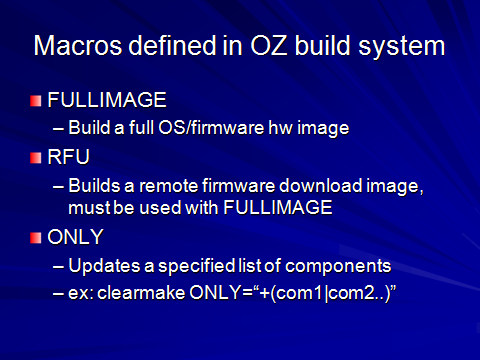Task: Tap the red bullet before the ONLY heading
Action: (38, 236)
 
